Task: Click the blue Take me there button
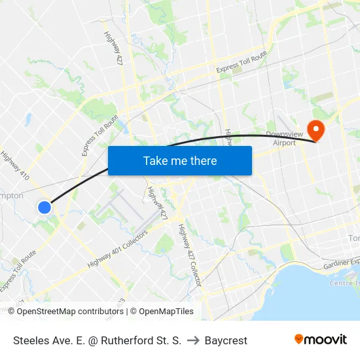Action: (180, 160)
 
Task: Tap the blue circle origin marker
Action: (44, 207)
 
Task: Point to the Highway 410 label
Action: (14, 166)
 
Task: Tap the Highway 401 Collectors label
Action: (118, 249)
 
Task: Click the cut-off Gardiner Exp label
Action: (341, 264)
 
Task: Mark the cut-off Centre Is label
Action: (344, 283)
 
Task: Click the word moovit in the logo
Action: (326, 340)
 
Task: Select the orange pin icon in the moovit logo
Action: (299, 339)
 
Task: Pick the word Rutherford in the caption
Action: (128, 340)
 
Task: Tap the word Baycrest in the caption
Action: (226, 340)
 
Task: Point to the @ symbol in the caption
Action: (94, 340)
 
